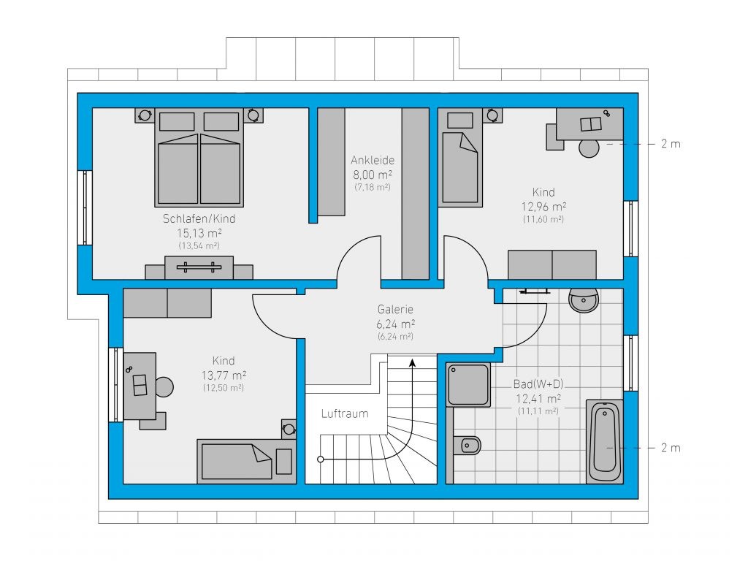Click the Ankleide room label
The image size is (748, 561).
(373, 160)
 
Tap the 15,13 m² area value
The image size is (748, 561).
(199, 233)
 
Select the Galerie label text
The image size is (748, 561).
(395, 310)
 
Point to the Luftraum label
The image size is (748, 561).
(345, 413)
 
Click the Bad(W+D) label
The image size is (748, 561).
(538, 384)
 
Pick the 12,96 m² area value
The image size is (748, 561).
(543, 207)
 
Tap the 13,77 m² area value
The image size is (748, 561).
(224, 375)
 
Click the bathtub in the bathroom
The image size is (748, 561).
(604, 442)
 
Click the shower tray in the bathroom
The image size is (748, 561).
(468, 385)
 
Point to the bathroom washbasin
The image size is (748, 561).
(584, 300)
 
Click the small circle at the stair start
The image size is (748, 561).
(321, 459)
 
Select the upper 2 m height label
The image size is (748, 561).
(671, 144)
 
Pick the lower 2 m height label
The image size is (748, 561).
(671, 448)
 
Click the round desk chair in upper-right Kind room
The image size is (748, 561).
(589, 148)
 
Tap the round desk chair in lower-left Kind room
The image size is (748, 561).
(164, 387)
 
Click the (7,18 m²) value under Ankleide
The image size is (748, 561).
(373, 188)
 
